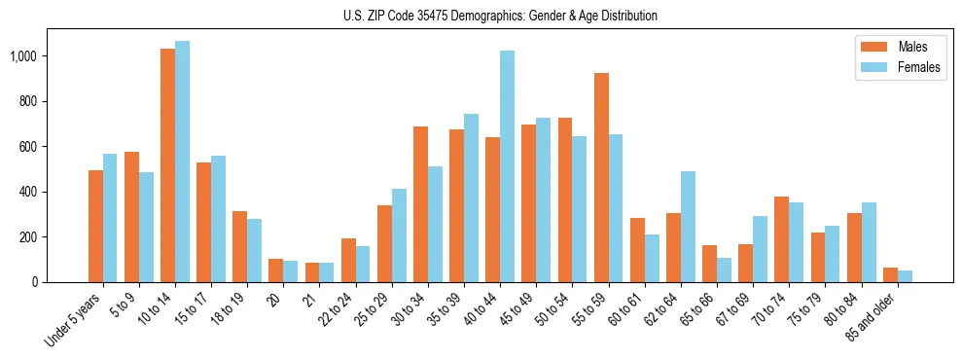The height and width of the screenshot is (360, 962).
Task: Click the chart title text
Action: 500,16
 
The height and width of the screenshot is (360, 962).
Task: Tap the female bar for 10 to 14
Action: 182,162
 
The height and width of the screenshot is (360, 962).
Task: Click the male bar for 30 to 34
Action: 420,204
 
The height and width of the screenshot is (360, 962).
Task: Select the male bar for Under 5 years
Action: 95,226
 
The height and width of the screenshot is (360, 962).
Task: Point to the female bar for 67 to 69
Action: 760,249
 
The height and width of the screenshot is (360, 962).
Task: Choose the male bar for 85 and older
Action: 890,274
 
